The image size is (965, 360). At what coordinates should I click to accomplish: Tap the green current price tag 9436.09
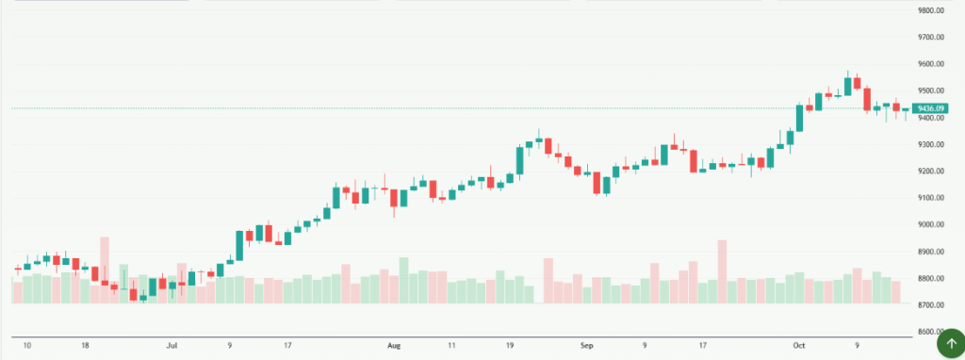click(932, 108)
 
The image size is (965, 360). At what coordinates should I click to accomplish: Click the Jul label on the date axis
click(172, 346)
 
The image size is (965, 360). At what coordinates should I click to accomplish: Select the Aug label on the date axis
click(394, 346)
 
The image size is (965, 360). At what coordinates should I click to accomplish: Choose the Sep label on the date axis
click(587, 346)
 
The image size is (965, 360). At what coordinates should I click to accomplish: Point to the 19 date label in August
click(510, 346)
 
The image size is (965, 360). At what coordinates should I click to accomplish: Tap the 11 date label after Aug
click(452, 346)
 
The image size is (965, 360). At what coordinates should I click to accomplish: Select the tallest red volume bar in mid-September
click(723, 271)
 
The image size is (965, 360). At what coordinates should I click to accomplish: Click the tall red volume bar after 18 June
click(105, 270)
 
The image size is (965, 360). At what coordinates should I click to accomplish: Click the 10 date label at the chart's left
click(26, 346)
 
